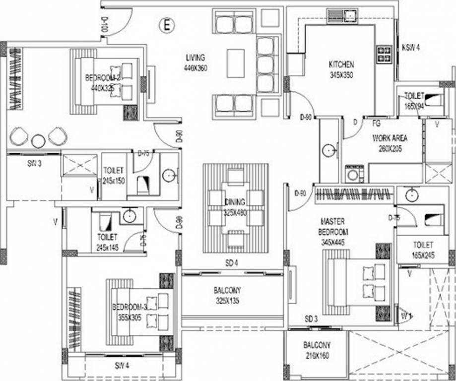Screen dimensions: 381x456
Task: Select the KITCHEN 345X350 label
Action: click(x=341, y=69)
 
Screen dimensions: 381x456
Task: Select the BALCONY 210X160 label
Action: click(x=317, y=350)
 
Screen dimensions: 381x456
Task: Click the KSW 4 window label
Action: click(x=411, y=48)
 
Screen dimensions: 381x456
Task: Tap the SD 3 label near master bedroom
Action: click(x=311, y=318)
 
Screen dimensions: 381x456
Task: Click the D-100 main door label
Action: click(x=104, y=24)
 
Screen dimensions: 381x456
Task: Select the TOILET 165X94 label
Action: click(x=414, y=100)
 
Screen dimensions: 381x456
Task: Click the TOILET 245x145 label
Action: click(x=107, y=242)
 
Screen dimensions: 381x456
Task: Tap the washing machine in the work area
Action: click(x=354, y=174)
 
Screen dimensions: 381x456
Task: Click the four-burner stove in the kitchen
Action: click(x=384, y=54)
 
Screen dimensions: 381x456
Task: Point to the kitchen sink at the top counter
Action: click(x=350, y=16)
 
